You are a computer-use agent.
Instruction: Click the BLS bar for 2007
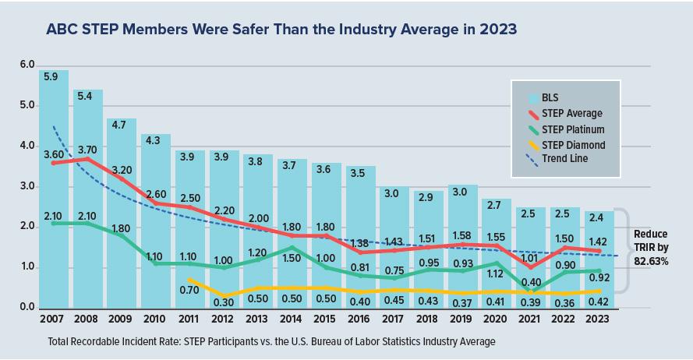click(54, 195)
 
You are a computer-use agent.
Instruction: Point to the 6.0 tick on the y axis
click(27, 65)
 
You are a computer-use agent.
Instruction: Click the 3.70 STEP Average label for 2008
click(87, 149)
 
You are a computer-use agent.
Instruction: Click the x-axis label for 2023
click(598, 319)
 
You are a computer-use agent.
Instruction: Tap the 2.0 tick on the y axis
click(27, 227)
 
